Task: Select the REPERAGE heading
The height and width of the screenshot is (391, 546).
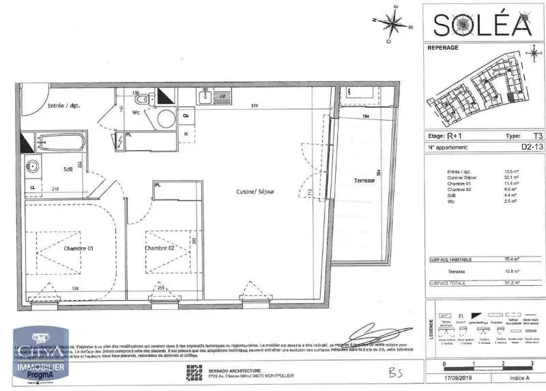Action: (442, 48)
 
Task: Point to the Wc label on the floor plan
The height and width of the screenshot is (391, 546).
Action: (136, 113)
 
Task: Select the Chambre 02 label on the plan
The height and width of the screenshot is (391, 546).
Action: (161, 248)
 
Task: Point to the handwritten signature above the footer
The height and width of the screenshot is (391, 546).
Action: (372, 334)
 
